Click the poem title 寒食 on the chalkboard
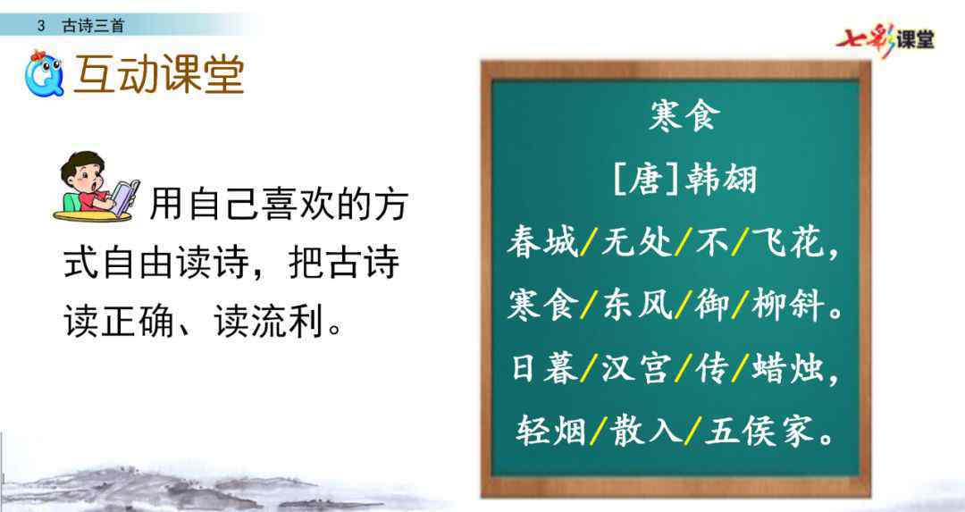(x=684, y=115)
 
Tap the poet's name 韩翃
(x=721, y=179)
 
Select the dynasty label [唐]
(x=646, y=179)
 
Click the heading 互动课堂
(x=159, y=75)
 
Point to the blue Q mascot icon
(x=45, y=74)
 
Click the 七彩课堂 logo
(x=885, y=40)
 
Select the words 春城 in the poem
(x=543, y=241)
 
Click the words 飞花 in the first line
(x=787, y=241)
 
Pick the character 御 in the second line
(x=711, y=305)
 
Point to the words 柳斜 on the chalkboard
(x=787, y=305)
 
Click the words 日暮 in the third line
(x=545, y=368)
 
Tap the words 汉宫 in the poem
(x=635, y=368)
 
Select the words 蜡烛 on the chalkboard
(x=787, y=368)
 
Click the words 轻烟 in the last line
(x=551, y=430)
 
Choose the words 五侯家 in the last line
(x=759, y=430)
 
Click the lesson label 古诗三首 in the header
(x=93, y=26)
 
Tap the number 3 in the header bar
(x=40, y=26)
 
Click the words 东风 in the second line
(x=636, y=305)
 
